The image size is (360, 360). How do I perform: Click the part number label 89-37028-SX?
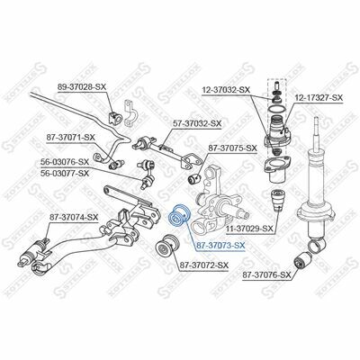(x=82, y=87)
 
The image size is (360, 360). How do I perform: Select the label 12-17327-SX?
(x=319, y=98)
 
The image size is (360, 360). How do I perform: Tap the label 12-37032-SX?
(x=226, y=89)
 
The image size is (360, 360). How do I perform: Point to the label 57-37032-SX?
(x=197, y=123)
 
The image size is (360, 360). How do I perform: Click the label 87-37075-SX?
(x=233, y=148)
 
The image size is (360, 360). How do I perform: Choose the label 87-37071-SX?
(x=70, y=138)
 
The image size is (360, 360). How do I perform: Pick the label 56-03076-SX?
(x=65, y=162)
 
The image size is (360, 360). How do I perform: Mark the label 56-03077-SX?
(x=65, y=173)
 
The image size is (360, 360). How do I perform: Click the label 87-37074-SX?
(x=74, y=217)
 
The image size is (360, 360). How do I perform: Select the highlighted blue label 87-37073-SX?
(x=220, y=246)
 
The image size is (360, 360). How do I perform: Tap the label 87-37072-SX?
(x=204, y=265)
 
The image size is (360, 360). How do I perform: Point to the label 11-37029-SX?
(x=250, y=229)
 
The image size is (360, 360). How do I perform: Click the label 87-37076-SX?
(x=266, y=274)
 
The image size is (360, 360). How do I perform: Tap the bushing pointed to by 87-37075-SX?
(x=194, y=177)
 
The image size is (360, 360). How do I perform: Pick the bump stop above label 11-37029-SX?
(x=277, y=200)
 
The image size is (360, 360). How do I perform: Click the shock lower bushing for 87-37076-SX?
(x=301, y=260)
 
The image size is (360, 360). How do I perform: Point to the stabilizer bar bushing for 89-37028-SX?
(x=115, y=118)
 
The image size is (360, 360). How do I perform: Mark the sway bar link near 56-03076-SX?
(x=147, y=175)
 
